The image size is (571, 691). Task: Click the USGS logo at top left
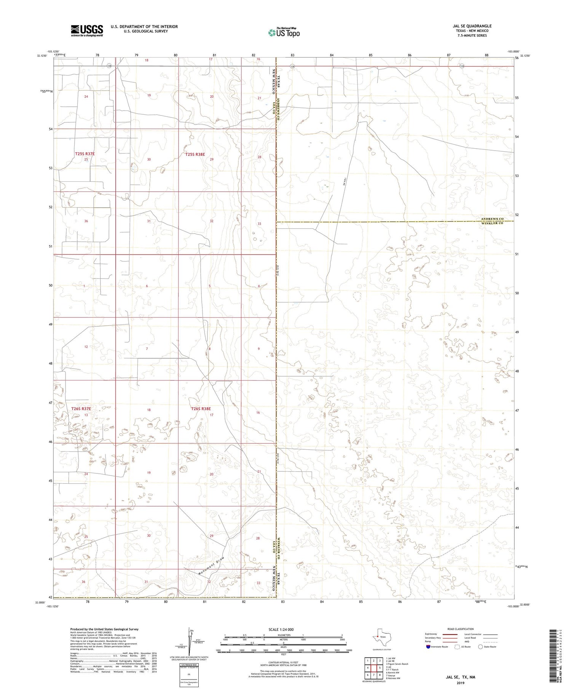86,30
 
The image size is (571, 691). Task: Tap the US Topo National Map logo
284,32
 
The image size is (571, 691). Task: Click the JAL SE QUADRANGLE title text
472,26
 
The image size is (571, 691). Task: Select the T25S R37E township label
85,154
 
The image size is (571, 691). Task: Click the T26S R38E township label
201,409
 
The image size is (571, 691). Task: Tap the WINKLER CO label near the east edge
492,223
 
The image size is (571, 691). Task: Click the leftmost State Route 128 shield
109,66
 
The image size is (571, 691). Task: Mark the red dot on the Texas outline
377,636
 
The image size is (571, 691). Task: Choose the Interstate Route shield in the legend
428,647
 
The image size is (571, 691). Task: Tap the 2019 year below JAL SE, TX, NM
460,683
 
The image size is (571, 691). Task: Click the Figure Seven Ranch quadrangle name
398,664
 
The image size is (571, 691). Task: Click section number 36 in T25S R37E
86,221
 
